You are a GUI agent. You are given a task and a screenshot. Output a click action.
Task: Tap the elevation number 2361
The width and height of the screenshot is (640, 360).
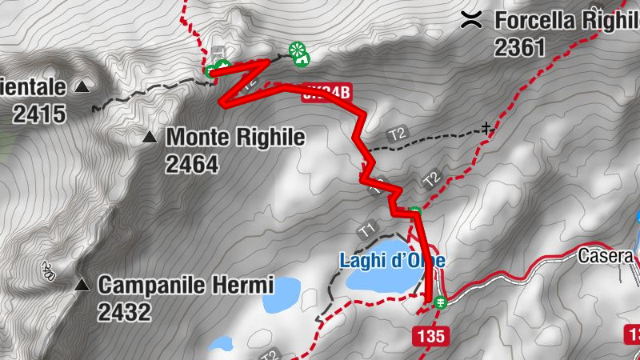520,48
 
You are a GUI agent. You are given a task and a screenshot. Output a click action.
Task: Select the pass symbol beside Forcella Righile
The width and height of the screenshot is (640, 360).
472,20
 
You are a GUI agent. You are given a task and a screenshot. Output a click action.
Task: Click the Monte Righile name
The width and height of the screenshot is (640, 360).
235,137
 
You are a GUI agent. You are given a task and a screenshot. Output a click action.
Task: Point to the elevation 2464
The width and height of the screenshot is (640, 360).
192,164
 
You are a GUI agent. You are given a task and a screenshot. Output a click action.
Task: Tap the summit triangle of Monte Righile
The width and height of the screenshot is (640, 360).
149,138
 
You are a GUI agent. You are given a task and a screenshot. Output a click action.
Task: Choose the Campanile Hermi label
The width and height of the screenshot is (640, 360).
186,285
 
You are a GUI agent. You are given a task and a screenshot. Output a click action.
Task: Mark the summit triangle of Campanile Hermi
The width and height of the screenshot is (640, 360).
82,285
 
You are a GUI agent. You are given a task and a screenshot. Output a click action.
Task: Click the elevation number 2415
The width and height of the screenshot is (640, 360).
38,114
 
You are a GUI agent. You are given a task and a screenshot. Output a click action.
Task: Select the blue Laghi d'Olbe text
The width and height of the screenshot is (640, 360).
392,261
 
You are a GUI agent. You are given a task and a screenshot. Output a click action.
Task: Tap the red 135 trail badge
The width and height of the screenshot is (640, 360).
430,337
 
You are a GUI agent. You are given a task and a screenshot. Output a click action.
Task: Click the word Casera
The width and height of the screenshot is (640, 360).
608,257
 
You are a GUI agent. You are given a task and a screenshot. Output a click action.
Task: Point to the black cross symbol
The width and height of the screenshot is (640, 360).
486,127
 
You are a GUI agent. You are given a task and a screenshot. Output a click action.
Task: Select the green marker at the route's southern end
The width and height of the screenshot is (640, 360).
440,302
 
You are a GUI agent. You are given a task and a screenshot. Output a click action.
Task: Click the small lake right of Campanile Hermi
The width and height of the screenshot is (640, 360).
282,294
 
